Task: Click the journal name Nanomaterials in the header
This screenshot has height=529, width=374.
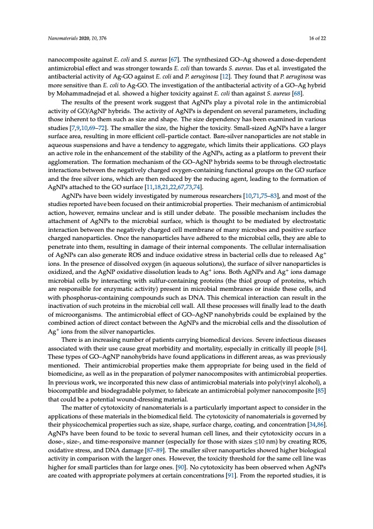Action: point(63,38)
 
